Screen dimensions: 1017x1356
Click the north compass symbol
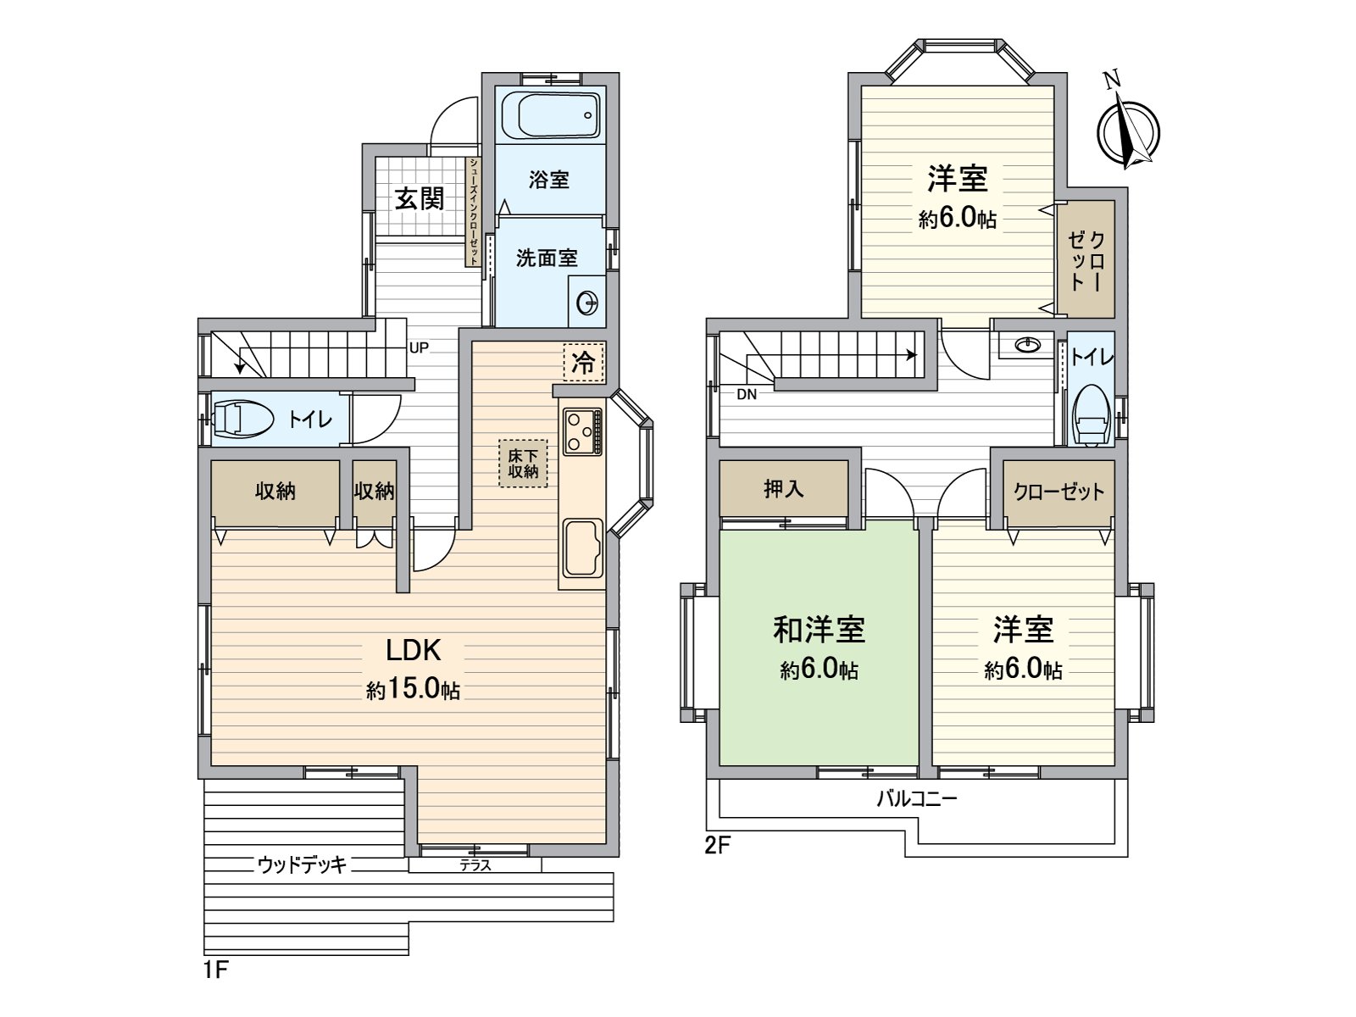1128,131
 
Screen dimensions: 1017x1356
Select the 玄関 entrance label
420,198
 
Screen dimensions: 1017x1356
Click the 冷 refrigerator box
583,362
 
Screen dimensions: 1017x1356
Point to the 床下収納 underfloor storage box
523,463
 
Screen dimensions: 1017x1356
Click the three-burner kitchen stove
581,431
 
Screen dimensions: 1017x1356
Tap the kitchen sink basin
581,547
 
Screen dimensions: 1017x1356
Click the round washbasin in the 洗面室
586,302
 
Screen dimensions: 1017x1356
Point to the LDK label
413,650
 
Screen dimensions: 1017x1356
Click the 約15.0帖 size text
413,690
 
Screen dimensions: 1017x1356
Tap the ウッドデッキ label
303,865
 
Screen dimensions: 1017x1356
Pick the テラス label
475,865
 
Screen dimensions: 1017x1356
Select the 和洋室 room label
819,630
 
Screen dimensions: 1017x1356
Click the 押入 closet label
783,489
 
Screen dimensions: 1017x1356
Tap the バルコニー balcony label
916,798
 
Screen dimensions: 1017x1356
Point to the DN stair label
747,394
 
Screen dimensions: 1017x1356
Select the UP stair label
419,347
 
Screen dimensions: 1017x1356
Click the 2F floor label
717,846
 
